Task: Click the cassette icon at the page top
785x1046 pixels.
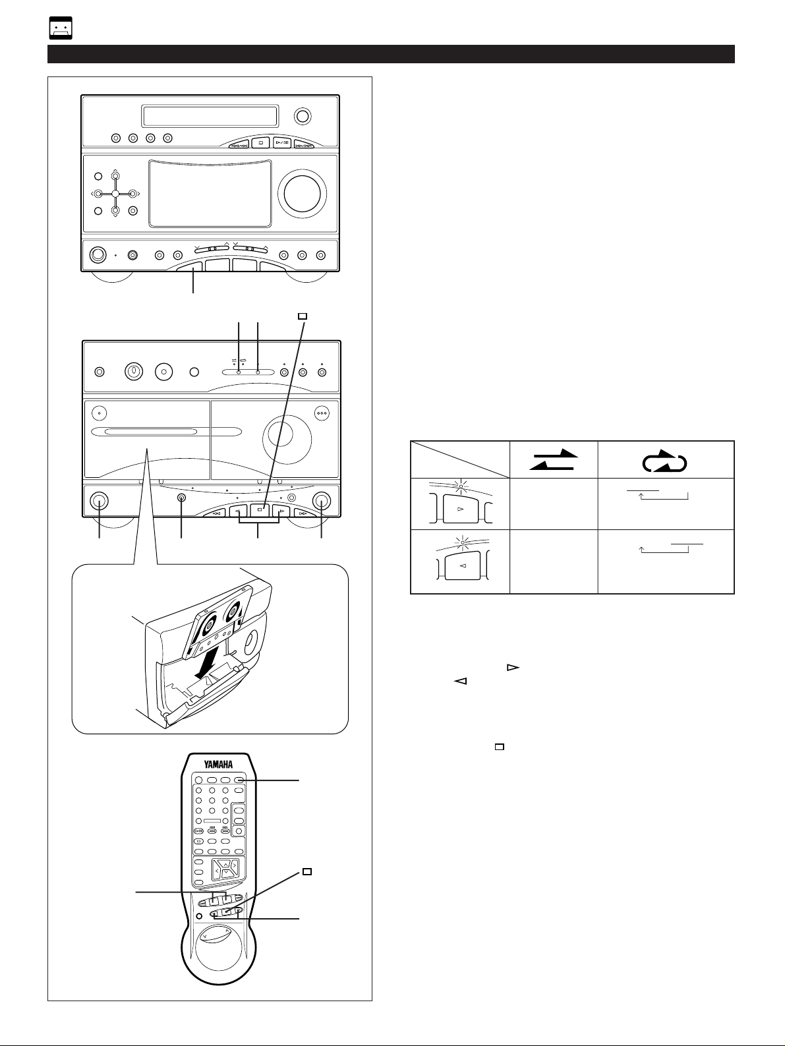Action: coord(61,28)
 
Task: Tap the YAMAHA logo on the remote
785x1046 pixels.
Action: coord(219,765)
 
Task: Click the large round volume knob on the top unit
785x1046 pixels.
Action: coord(302,190)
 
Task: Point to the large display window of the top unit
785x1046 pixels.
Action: coord(210,194)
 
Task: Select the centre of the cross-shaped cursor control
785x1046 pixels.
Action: coord(115,194)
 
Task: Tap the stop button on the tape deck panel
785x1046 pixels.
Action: coord(260,510)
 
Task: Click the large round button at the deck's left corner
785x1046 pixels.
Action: coord(99,501)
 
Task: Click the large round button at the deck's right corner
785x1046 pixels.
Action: coord(322,501)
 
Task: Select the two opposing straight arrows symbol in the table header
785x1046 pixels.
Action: coord(554,459)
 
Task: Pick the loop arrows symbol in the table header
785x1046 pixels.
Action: coord(664,460)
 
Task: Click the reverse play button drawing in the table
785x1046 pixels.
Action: coord(462,565)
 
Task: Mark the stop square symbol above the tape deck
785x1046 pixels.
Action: coord(302,316)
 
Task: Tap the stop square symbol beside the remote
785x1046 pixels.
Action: coord(307,871)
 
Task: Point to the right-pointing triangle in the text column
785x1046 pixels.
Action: coord(513,668)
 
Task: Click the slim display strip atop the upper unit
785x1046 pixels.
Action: coord(210,116)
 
